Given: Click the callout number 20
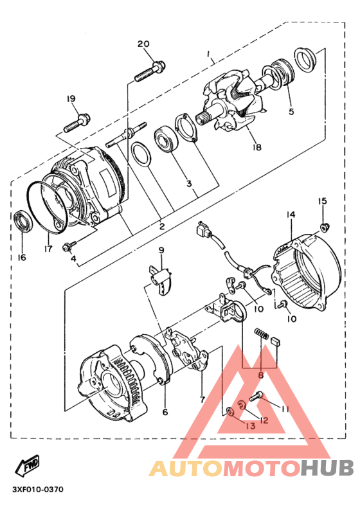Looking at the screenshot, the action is pos(143,44).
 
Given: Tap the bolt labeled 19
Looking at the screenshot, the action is pos(77,123).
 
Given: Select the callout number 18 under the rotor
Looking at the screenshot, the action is pos(256,147).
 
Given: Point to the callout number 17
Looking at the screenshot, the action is pos(48,249).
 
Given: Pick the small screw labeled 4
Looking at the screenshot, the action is pos(69,247).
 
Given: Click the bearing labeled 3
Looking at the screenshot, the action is pos(166,139).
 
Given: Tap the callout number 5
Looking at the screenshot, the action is pos(291,111).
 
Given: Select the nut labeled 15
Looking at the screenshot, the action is pos(324,227).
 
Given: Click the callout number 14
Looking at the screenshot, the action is pos(291,215).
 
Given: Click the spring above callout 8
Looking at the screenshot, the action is pos(261,334).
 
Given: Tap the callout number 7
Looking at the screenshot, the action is pos(203,399).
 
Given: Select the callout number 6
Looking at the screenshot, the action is pos(165,412).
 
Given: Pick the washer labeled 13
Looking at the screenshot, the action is pos(230,412).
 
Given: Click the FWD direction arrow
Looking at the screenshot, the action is pos(28,465).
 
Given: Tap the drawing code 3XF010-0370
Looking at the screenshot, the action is pos(38,489).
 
